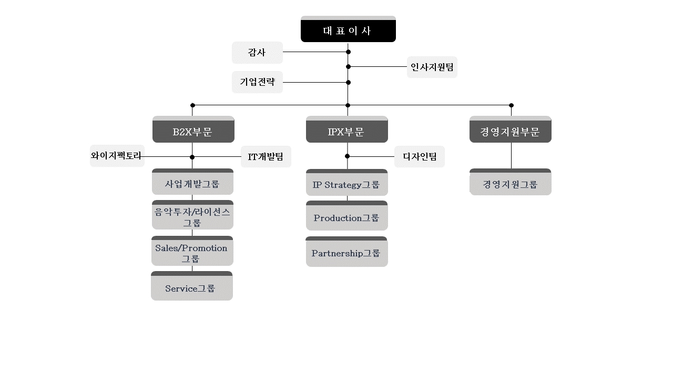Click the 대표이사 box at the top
point(348,29)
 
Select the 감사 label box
point(257,53)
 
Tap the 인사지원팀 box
point(432,67)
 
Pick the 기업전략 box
point(257,82)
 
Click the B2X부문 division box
point(193,130)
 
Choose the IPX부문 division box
point(346,130)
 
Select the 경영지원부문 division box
point(510,130)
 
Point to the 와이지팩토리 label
point(117,156)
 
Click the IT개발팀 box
point(266,157)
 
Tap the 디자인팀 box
point(420,157)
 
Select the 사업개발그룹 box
point(192,183)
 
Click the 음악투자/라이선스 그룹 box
point(192,215)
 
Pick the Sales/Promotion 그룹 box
point(192,252)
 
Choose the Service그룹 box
point(191,287)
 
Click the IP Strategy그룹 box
point(346,183)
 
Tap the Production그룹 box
point(346,216)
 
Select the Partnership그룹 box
point(346,252)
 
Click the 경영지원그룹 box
point(510,183)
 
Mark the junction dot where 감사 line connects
point(348,52)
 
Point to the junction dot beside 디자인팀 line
point(347,156)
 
